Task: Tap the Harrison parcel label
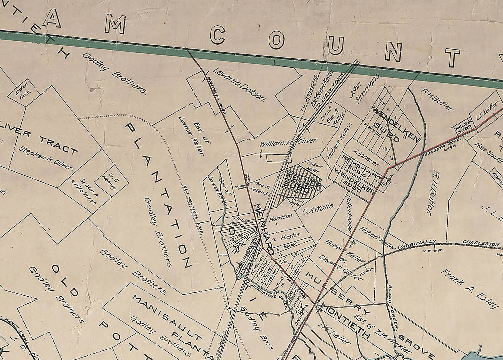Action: pyautogui.click(x=281, y=217)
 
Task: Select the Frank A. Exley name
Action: pyautogui.click(x=469, y=288)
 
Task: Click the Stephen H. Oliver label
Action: pyautogui.click(x=46, y=158)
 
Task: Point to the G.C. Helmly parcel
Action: pyautogui.click(x=110, y=182)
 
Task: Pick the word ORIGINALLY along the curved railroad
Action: pyautogui.click(x=417, y=244)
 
